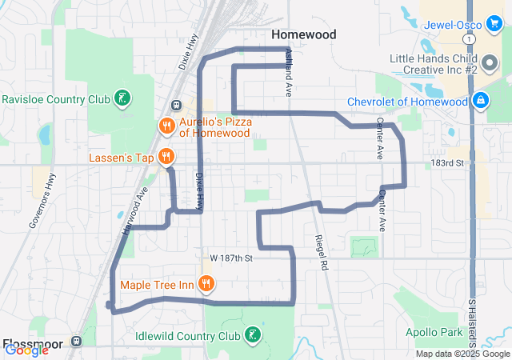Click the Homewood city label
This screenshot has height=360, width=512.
303,34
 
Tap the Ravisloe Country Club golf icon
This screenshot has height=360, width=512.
122,98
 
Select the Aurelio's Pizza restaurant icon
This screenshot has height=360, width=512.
166,126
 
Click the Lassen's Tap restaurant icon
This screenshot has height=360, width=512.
166,157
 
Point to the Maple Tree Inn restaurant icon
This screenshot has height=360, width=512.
206,283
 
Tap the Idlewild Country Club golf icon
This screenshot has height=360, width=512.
253,335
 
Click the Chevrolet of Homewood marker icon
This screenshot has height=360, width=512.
482,101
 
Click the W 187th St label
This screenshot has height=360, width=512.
231,258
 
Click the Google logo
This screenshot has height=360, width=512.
26,350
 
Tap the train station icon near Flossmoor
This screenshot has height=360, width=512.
77,340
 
